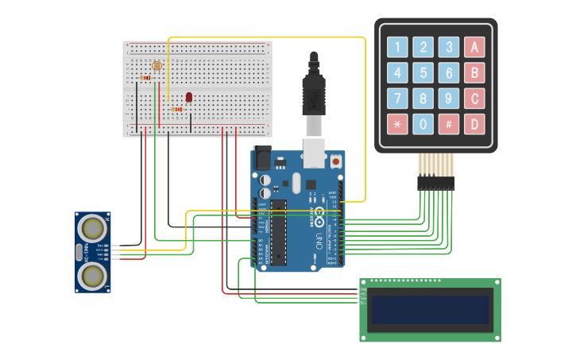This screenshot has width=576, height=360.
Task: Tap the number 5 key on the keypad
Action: (x=423, y=73)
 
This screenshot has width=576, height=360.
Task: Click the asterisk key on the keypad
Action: (x=398, y=124)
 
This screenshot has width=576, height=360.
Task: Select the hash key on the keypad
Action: (x=449, y=124)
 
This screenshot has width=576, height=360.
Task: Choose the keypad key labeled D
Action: (x=474, y=124)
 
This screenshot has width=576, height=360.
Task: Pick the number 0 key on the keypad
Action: (x=423, y=124)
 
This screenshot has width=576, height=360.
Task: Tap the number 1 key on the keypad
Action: (x=398, y=47)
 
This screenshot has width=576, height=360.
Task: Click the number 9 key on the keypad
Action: (x=449, y=99)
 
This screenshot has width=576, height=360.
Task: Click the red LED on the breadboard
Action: (x=189, y=97)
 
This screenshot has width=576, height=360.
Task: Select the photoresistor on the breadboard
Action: (x=157, y=66)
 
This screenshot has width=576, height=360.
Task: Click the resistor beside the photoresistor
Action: (x=145, y=78)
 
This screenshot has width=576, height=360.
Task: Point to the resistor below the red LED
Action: (x=176, y=109)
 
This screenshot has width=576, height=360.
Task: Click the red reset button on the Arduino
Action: (x=336, y=161)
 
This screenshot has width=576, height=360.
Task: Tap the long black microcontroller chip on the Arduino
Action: (x=278, y=232)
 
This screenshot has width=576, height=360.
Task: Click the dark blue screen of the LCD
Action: (x=430, y=310)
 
